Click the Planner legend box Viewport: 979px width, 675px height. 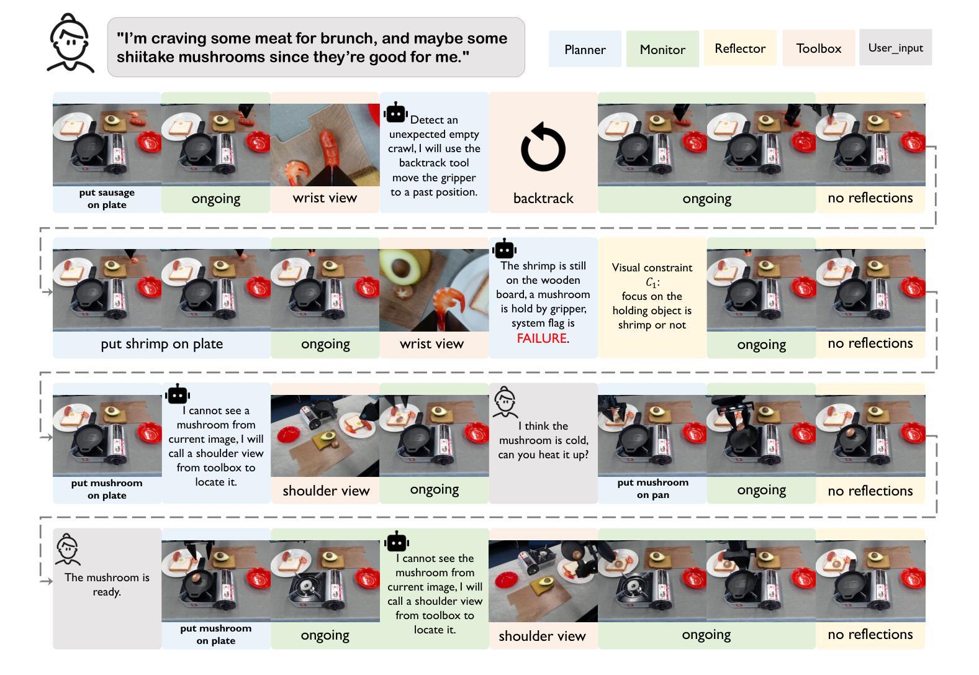pos(585,49)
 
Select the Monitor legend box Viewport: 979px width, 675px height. pos(662,49)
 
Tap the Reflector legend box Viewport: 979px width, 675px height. pos(740,48)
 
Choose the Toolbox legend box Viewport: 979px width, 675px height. pos(819,48)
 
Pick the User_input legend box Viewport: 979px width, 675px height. pos(896,47)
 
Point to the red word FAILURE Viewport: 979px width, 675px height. pos(541,338)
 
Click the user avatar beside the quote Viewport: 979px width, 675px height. pos(70,43)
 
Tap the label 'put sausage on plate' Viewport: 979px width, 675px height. pos(107,199)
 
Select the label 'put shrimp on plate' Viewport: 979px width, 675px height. pos(161,343)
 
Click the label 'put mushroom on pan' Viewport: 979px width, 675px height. pos(652,488)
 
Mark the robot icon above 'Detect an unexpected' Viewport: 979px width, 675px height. pos(395,112)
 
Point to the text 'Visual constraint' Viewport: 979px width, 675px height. pos(652,268)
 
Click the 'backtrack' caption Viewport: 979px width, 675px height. pos(543,198)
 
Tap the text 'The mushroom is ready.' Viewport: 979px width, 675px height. pos(107,584)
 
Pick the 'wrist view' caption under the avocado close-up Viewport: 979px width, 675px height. pos(431,343)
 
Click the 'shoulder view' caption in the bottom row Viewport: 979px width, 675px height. pos(542,636)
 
